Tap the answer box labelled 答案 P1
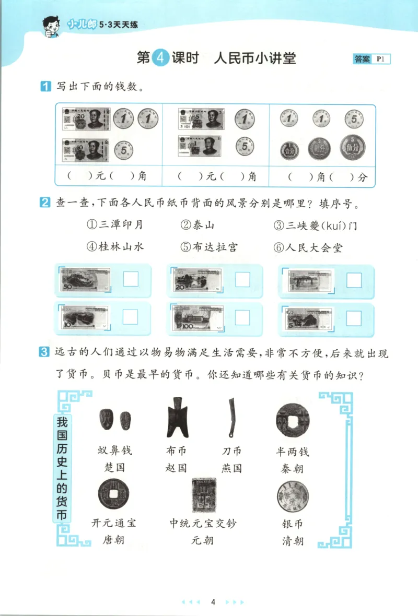click(x=371, y=59)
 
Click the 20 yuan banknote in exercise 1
click(x=86, y=119)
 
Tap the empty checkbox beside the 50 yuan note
click(x=130, y=279)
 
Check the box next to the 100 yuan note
click(x=242, y=316)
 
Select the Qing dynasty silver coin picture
click(x=292, y=495)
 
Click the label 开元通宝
click(x=113, y=523)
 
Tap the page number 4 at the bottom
click(x=213, y=601)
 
